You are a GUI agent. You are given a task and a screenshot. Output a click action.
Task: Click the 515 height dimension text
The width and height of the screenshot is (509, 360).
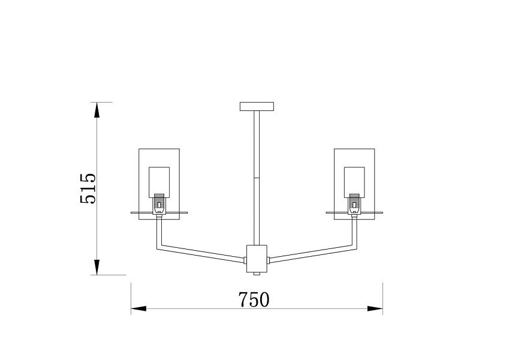coord(88,188)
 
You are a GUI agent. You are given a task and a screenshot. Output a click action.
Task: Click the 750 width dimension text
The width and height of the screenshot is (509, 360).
coord(254,299)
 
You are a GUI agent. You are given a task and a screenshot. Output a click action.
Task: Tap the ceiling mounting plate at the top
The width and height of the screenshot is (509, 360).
coord(257,107)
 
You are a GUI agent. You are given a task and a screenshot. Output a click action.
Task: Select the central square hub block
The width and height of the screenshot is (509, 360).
coord(257,259)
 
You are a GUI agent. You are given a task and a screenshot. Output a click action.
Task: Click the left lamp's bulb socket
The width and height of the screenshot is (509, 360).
coord(159,204)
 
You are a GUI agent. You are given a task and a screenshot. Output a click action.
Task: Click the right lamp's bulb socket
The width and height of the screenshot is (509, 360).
coord(354,204)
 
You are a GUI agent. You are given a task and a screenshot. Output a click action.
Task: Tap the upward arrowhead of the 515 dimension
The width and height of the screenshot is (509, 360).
coord(97,110)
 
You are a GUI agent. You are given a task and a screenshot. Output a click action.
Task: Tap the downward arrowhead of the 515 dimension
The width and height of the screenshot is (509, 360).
coord(97,267)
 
